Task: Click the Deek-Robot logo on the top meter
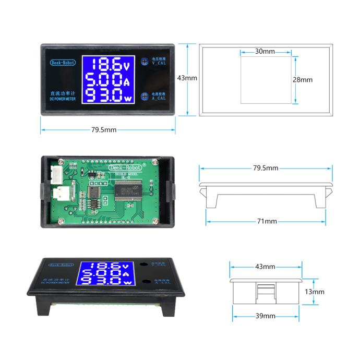point(63,63)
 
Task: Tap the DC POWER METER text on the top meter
point(62,98)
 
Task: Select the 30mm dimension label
point(265,52)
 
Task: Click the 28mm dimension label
point(303,80)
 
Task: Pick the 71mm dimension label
point(267,221)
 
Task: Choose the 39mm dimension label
point(265,316)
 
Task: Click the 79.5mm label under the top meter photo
point(104,130)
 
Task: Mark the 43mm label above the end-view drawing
point(265,267)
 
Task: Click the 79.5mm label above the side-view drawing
point(266,168)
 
